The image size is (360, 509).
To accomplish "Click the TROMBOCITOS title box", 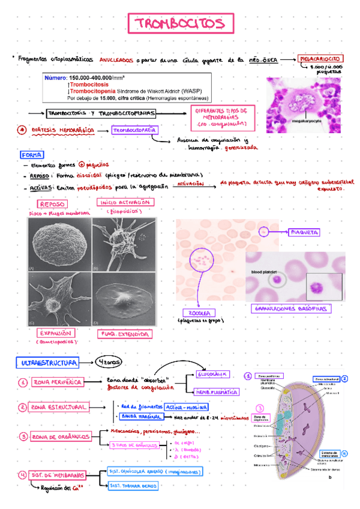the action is point(179,24).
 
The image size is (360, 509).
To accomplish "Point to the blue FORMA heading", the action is point(31,154).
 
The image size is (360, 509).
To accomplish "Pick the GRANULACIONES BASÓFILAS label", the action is point(291,309).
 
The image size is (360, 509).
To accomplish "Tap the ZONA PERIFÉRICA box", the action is point(58,382).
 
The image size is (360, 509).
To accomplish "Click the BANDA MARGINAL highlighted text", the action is point(142,416).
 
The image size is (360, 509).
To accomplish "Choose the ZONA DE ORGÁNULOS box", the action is point(61,436).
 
